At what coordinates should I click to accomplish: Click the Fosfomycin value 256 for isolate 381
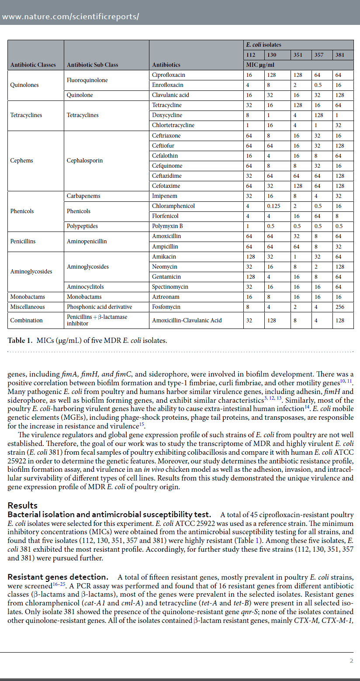pyautogui.click(x=340, y=307)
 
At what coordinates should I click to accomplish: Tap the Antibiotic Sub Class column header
pyautogui.click(x=92, y=65)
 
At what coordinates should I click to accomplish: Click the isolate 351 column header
pyautogui.click(x=298, y=55)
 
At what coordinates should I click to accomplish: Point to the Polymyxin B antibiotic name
pyautogui.click(x=167, y=226)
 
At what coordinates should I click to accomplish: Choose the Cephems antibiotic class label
pyautogui.click(x=21, y=160)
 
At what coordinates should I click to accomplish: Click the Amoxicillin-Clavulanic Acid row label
pyautogui.click(x=187, y=320)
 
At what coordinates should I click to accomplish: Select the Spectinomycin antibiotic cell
pyautogui.click(x=170, y=287)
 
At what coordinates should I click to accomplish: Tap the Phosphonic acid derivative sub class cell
pyautogui.click(x=99, y=307)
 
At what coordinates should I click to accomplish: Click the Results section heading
pyautogui.click(x=22, y=505)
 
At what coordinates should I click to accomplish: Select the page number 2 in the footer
pyautogui.click(x=351, y=660)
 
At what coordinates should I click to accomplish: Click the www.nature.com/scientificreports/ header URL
pyautogui.click(x=71, y=17)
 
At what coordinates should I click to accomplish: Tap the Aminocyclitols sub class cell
pyautogui.click(x=85, y=287)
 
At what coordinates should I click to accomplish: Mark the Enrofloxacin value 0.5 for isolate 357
pyautogui.click(x=318, y=85)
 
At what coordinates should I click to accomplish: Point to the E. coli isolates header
pyautogui.click(x=263, y=45)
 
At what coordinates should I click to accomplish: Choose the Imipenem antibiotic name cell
pyautogui.click(x=163, y=196)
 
